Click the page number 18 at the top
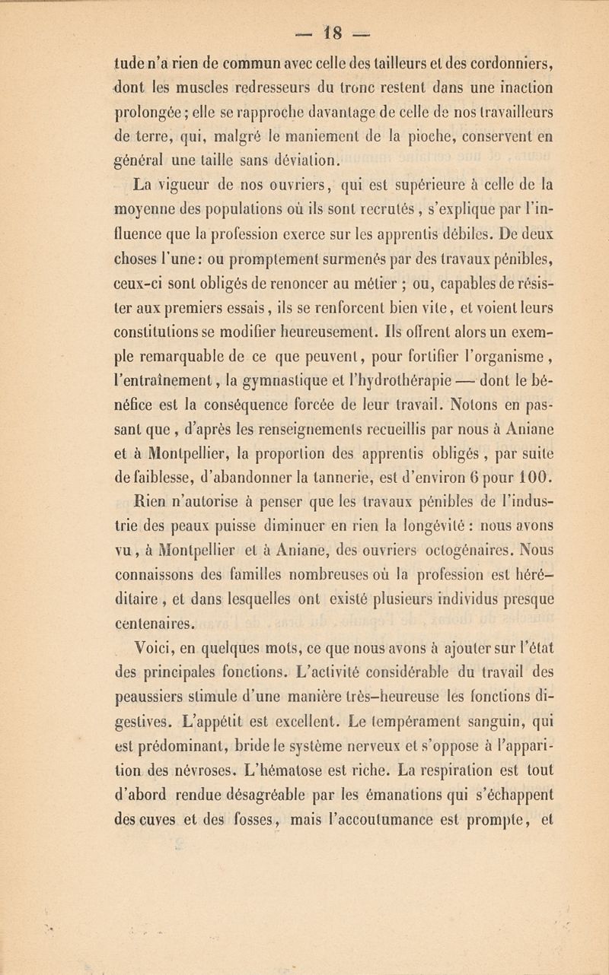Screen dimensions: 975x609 304,14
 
